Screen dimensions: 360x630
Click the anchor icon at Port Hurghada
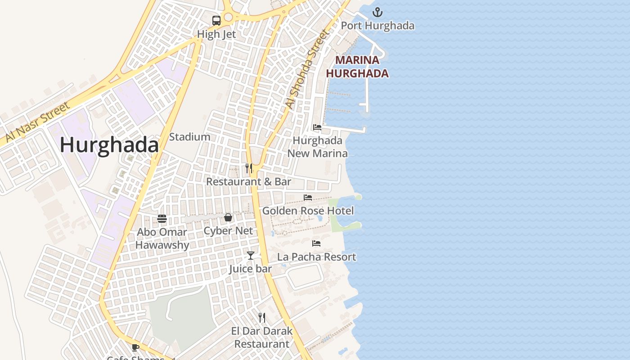[x=378, y=12]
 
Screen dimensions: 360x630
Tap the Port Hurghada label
[x=378, y=26]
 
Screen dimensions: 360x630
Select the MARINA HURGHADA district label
[x=357, y=67]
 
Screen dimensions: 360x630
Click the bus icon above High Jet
[x=216, y=20]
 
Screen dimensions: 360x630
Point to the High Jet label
[x=216, y=34]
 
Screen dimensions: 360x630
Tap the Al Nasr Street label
[x=38, y=121]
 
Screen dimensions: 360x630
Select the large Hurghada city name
[x=109, y=145]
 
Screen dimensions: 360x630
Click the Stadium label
[x=189, y=137]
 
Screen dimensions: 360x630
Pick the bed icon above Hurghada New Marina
[x=317, y=127]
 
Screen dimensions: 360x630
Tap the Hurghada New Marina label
[x=318, y=147]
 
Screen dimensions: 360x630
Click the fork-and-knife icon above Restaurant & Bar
[x=248, y=168]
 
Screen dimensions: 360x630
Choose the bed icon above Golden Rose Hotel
[x=308, y=198]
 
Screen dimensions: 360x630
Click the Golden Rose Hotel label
[x=308, y=211]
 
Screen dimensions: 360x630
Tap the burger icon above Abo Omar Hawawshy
[x=162, y=219]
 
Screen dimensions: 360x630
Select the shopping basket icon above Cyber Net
[x=228, y=218]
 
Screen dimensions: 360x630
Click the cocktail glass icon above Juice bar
[x=251, y=256]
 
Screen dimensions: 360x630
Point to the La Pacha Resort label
[x=316, y=257]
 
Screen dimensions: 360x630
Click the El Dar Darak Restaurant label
[x=262, y=337]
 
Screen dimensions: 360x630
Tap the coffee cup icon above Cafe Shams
[x=135, y=347]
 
